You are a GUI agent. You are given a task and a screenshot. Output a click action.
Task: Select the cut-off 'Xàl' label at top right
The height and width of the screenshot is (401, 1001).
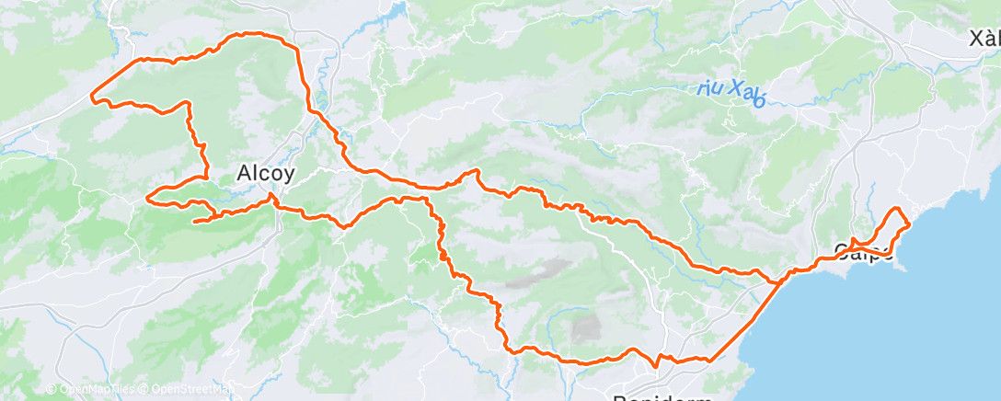pyautogui.click(x=984, y=39)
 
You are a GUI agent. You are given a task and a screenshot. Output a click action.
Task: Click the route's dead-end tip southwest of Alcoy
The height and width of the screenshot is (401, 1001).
pyautogui.click(x=193, y=221)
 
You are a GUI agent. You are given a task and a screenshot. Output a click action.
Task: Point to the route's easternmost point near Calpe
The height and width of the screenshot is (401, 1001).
pyautogui.click(x=909, y=223)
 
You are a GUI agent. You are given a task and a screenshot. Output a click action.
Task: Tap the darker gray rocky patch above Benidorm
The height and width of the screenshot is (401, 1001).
pyautogui.click(x=587, y=327)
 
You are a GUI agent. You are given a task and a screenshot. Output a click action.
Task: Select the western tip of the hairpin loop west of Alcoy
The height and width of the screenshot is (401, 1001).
pyautogui.click(x=148, y=196)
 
